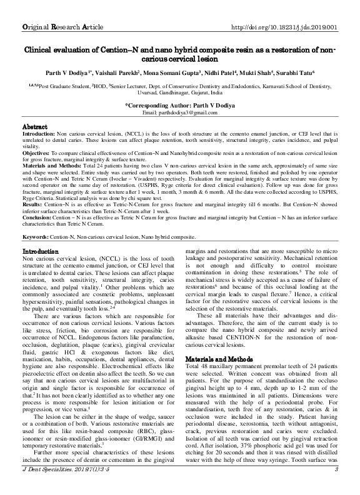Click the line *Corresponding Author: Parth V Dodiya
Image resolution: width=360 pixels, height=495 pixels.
pyautogui.click(x=179, y=105)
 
